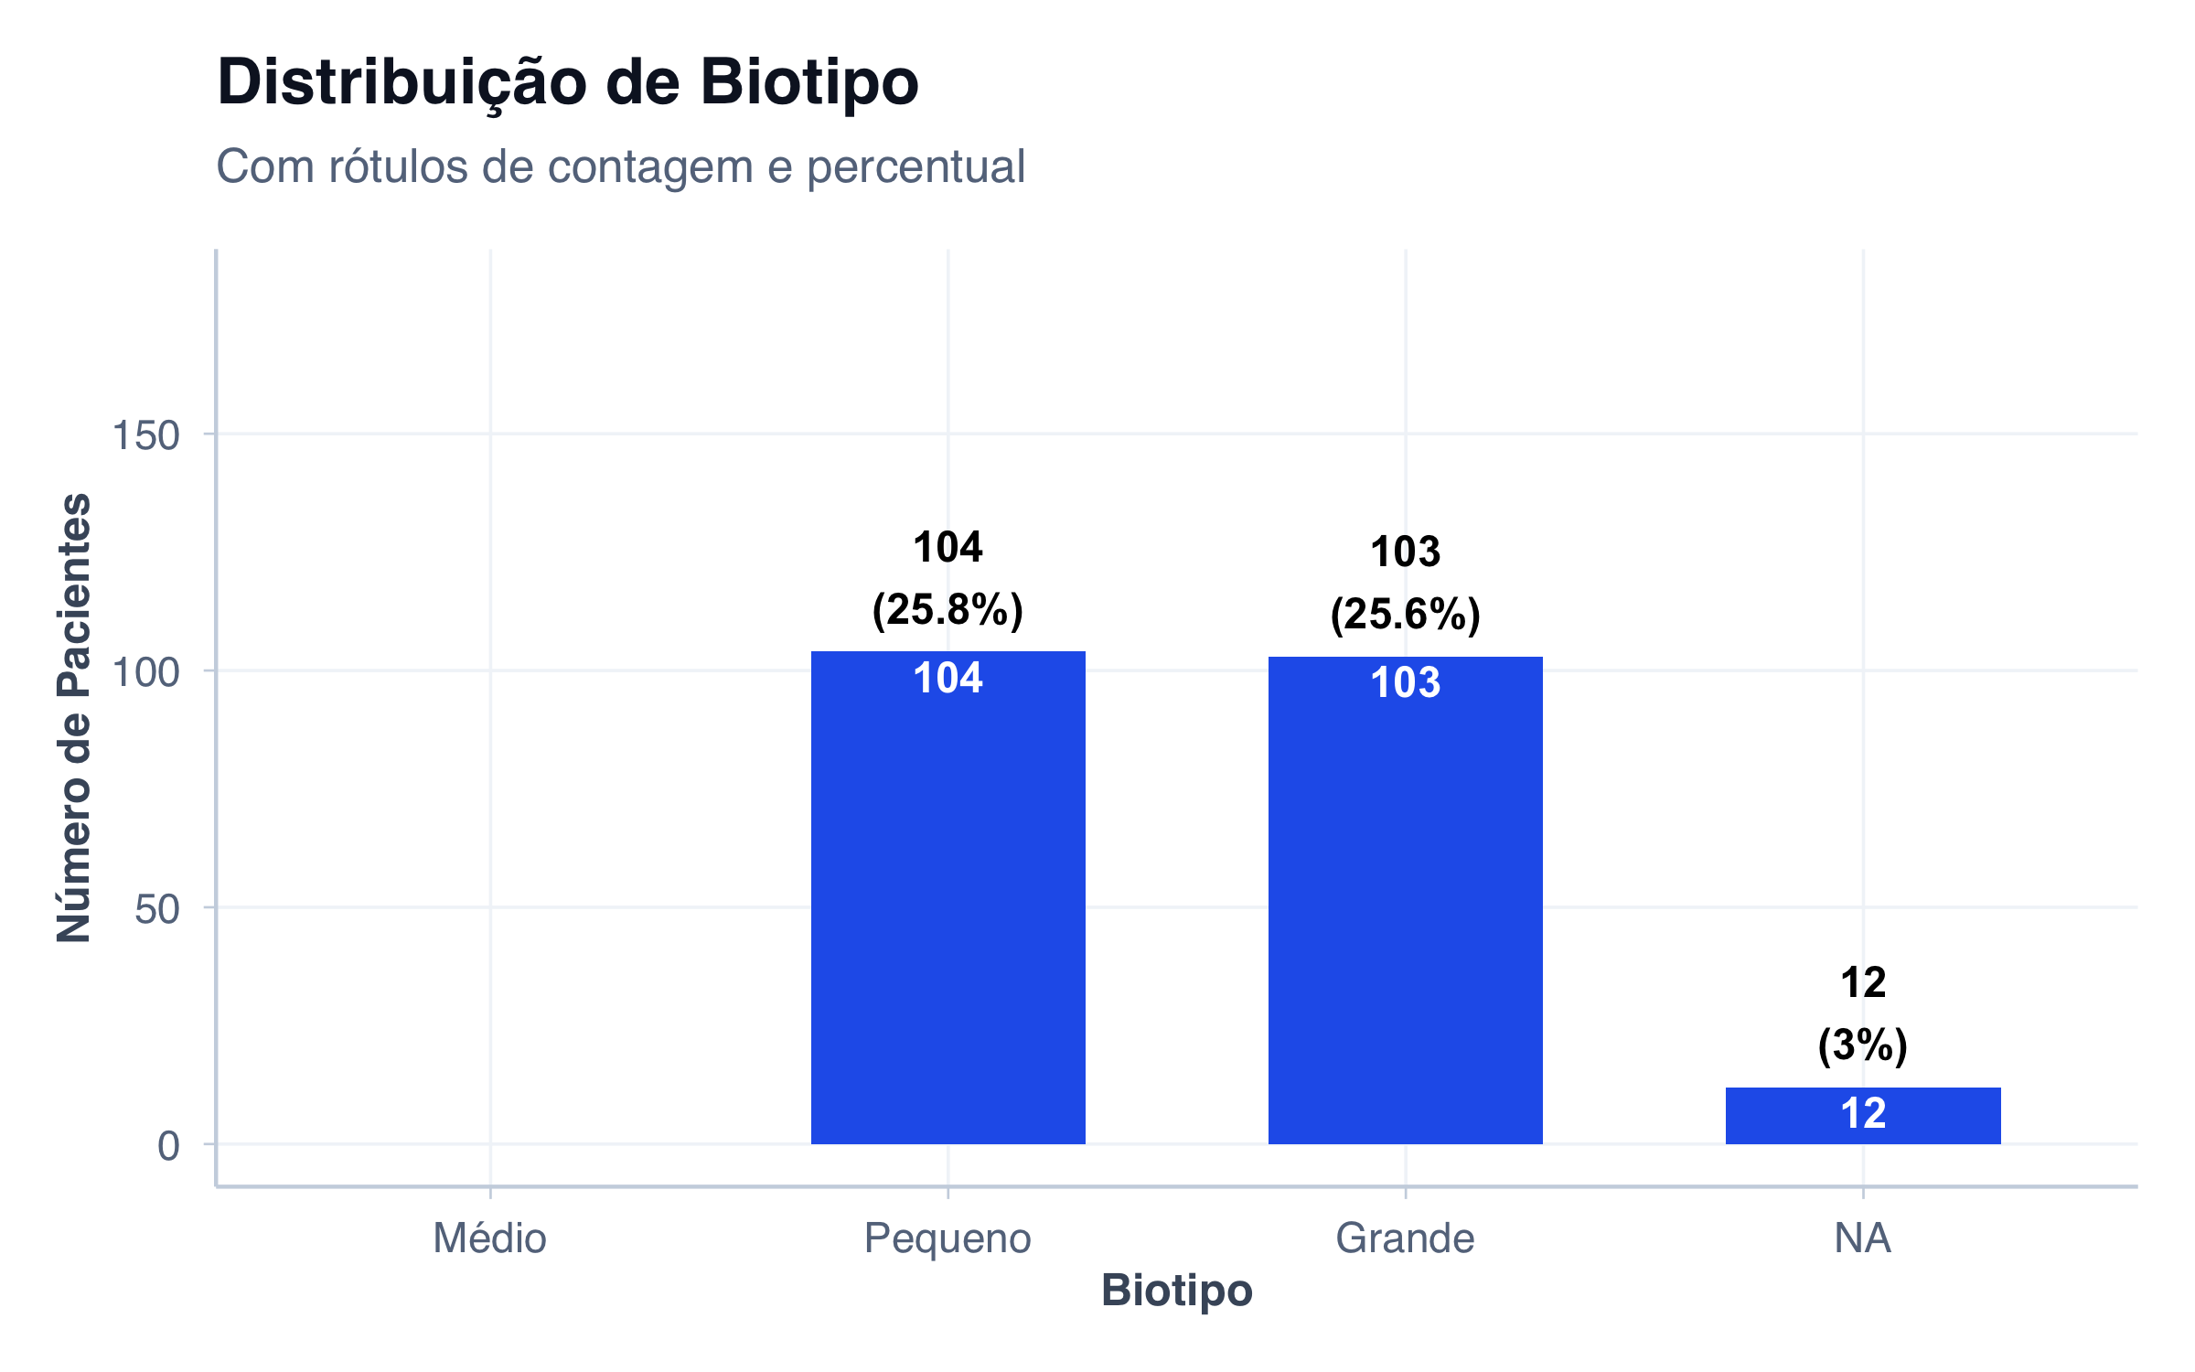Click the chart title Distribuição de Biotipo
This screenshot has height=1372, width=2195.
(x=567, y=82)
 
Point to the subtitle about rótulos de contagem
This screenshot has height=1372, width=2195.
(x=620, y=166)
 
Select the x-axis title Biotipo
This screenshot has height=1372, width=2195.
(x=1176, y=1291)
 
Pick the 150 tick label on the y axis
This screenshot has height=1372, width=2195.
(x=145, y=435)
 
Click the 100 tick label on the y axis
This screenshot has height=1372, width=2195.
(x=145, y=672)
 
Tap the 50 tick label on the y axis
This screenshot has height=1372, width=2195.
(x=156, y=909)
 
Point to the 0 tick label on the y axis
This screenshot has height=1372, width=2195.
(x=168, y=1146)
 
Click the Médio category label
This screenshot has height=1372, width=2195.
(x=489, y=1238)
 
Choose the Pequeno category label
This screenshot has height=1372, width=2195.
(x=948, y=1238)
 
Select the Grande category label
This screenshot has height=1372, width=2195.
(x=1405, y=1238)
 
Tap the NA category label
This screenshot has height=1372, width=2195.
(x=1862, y=1238)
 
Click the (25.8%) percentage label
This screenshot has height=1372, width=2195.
(x=948, y=609)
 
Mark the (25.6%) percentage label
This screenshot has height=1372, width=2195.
(x=1405, y=614)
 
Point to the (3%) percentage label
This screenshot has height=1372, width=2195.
(x=1863, y=1045)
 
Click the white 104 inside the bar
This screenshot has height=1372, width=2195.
(x=948, y=678)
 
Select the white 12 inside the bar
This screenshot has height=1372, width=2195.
(x=1863, y=1113)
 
